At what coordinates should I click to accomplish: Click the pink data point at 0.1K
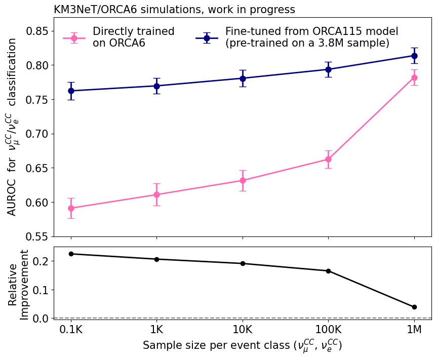(x=71, y=208)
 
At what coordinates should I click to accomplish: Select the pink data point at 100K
(x=328, y=159)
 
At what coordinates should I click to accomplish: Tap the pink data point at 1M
(x=414, y=77)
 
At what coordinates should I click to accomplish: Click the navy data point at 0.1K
(x=71, y=91)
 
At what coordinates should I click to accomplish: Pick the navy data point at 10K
(x=243, y=78)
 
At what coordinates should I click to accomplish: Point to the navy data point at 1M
(x=414, y=56)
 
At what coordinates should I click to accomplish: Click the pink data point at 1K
(x=156, y=194)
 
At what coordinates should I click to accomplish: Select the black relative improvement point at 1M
(x=414, y=307)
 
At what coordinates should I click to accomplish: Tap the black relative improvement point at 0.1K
(x=71, y=254)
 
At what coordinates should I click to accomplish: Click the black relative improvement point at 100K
(x=328, y=271)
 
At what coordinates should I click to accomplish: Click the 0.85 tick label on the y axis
(x=36, y=31)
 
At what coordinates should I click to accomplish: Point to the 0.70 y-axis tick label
(x=36, y=134)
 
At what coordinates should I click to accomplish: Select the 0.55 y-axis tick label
(x=36, y=236)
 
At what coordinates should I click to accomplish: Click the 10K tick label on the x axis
(x=243, y=330)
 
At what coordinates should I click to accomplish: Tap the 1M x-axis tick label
(x=414, y=330)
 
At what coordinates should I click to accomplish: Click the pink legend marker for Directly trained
(x=74, y=38)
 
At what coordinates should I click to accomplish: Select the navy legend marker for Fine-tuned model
(x=207, y=38)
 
